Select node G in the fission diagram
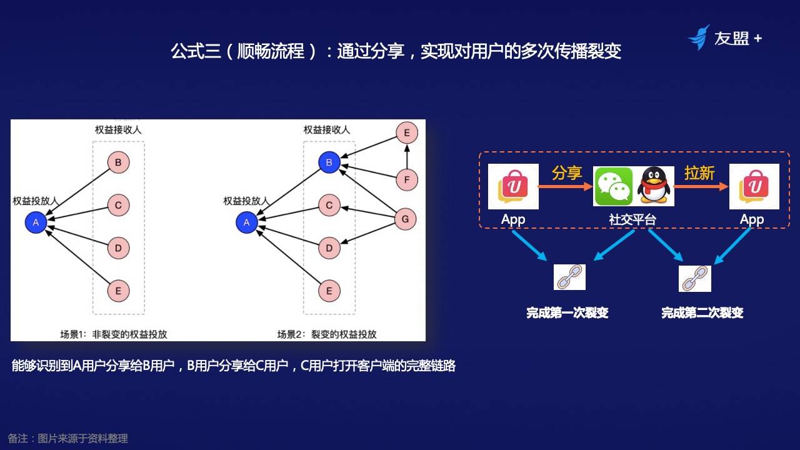click(406, 219)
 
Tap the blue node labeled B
click(329, 162)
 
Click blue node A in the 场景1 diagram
click(36, 222)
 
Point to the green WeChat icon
click(614, 186)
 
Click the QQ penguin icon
click(654, 186)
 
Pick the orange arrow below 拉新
click(701, 186)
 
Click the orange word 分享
click(567, 172)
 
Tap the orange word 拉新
click(699, 172)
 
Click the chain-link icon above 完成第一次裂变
click(569, 277)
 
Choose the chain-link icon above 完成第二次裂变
click(694, 279)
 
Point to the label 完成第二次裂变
click(702, 312)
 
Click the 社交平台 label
click(632, 219)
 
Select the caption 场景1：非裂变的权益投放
click(114, 334)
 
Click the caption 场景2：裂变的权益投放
click(327, 334)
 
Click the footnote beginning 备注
click(67, 438)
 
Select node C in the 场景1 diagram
click(118, 204)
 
